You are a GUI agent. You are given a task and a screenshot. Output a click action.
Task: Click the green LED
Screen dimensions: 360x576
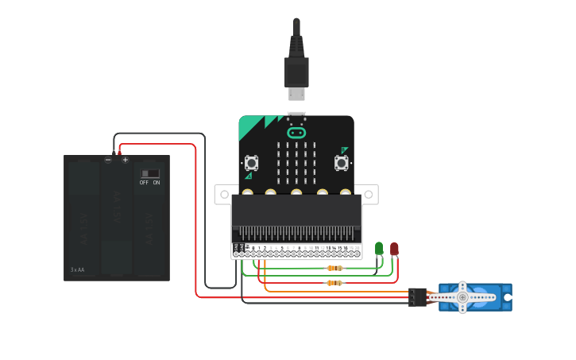(x=379, y=249)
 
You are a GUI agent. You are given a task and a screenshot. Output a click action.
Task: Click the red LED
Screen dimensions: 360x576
(x=394, y=249)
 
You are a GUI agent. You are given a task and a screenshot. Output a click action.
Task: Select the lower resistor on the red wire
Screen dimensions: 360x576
(x=334, y=282)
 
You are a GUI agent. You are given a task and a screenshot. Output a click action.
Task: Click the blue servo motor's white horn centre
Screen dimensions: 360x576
(x=462, y=297)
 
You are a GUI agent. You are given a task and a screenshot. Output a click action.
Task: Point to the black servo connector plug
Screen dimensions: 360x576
(x=418, y=296)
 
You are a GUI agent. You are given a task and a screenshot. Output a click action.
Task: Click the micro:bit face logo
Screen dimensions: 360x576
(x=296, y=133)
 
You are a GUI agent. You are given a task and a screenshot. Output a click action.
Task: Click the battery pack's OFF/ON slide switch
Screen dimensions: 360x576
(x=150, y=173)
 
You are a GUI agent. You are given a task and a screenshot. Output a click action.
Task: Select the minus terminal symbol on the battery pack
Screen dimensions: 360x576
(x=108, y=160)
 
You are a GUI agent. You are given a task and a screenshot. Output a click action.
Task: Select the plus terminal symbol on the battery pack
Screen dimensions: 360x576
(x=125, y=160)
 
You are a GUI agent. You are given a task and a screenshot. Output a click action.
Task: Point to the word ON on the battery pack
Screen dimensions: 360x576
(x=157, y=183)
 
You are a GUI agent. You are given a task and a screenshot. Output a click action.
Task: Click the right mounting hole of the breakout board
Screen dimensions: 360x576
(x=369, y=192)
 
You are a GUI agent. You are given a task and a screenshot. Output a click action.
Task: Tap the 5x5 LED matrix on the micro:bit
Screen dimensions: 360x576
(x=296, y=161)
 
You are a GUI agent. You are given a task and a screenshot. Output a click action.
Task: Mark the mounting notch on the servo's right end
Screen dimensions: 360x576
(x=507, y=297)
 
